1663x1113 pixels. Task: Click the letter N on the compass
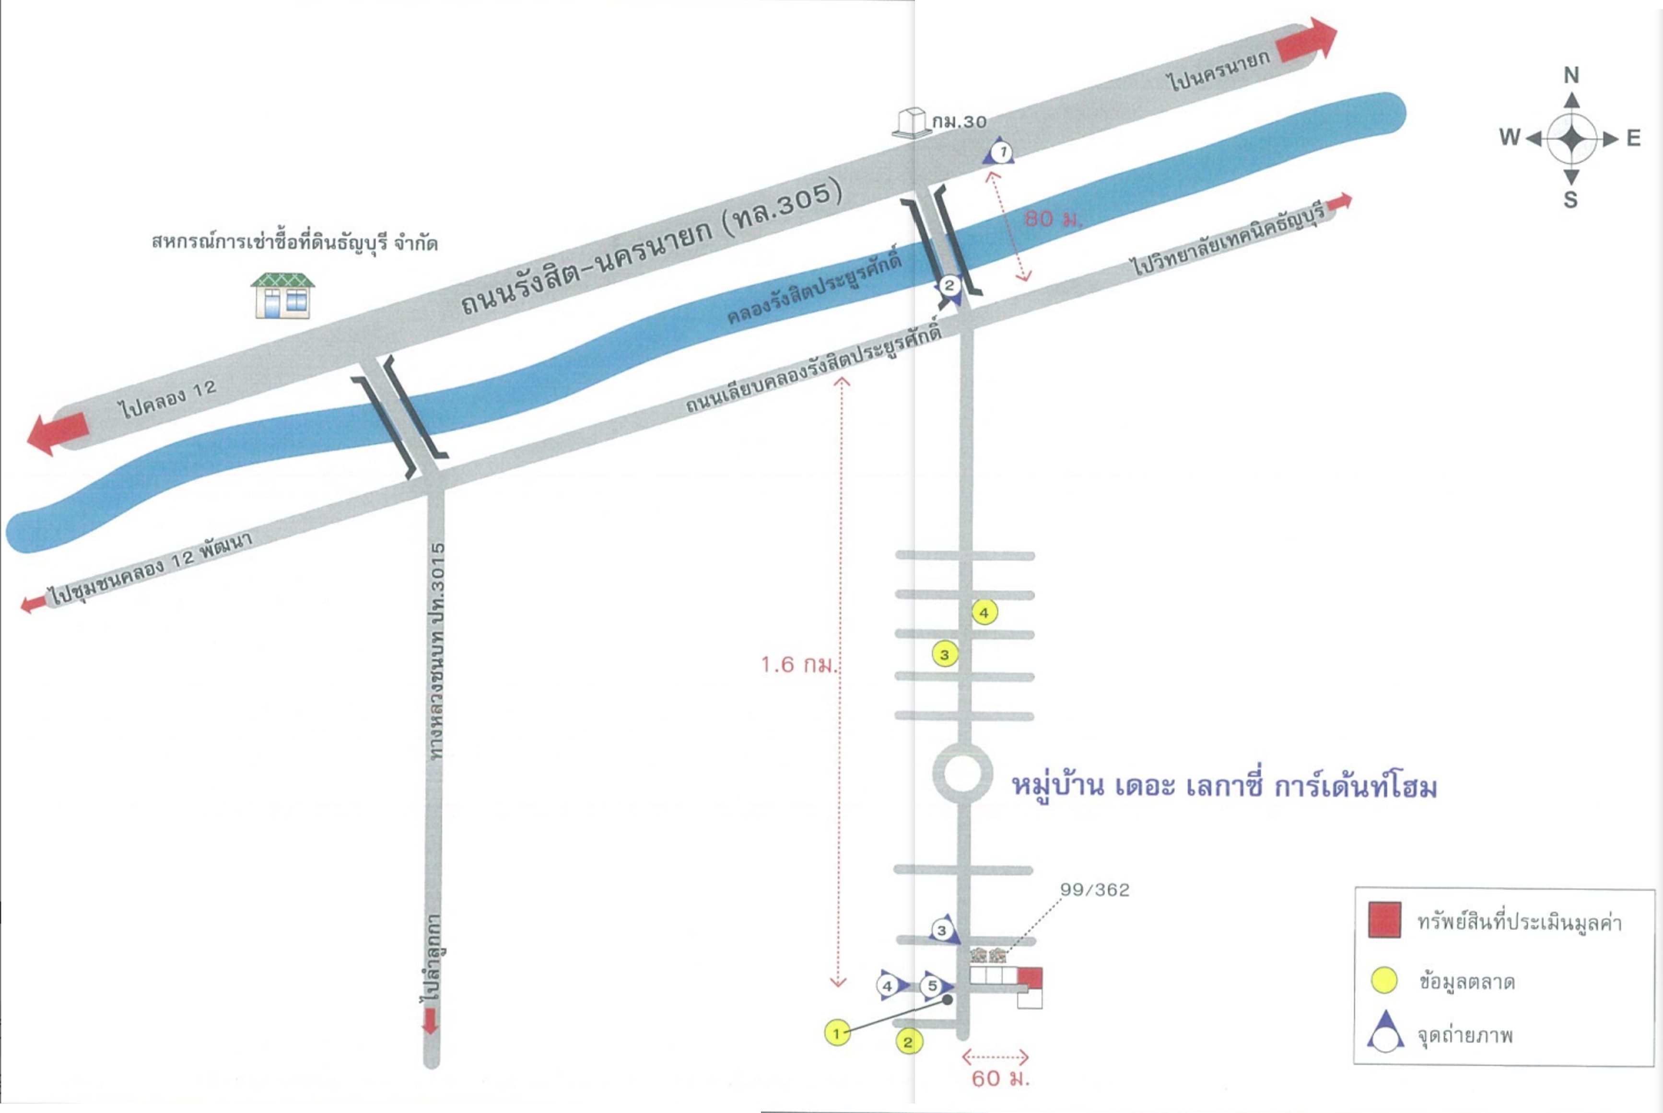[x=1571, y=75]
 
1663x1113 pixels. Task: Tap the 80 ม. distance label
[x=1054, y=220]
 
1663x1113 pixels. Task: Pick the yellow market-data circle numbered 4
[x=984, y=612]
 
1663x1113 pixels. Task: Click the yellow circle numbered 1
[x=837, y=1033]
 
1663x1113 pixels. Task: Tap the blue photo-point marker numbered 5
[x=936, y=986]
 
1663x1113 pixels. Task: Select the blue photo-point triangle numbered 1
[x=999, y=151]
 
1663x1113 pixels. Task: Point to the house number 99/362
[x=1094, y=890]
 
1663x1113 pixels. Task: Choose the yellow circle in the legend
[x=1384, y=980]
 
